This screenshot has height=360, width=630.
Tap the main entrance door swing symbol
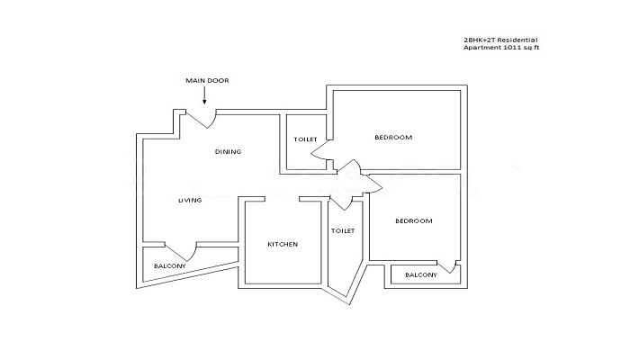click(x=199, y=119)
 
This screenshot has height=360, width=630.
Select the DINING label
click(x=228, y=151)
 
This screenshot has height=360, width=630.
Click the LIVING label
click(x=189, y=200)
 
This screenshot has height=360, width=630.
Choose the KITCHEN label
click(x=283, y=244)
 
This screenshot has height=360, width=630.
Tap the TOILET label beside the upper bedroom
click(x=304, y=139)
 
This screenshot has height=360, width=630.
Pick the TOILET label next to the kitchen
click(x=343, y=230)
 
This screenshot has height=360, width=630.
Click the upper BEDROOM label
click(x=393, y=137)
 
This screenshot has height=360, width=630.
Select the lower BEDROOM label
click(x=414, y=220)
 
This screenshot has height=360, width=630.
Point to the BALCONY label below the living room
click(x=169, y=266)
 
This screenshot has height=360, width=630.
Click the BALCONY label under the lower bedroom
click(x=421, y=274)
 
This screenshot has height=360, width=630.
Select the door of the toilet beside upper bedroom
click(x=320, y=159)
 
